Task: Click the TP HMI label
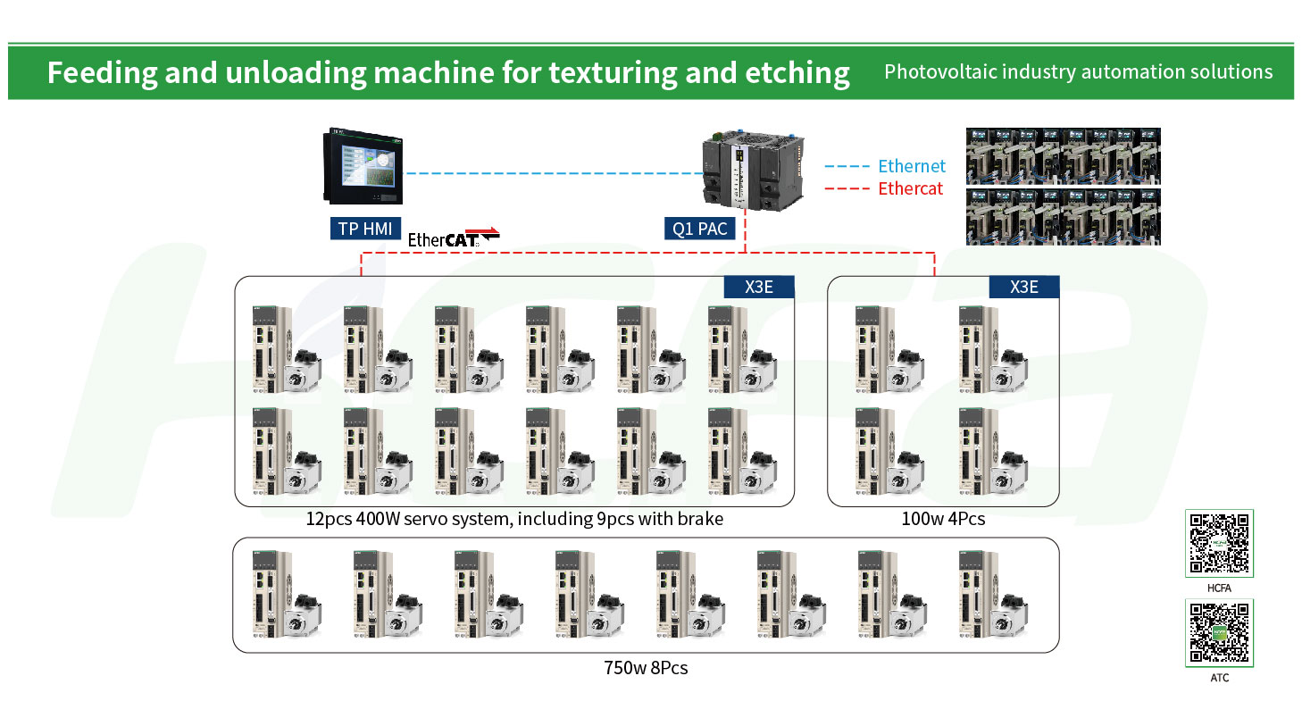point(365,229)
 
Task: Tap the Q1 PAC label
point(699,229)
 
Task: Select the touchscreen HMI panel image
point(363,166)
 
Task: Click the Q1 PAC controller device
point(754,171)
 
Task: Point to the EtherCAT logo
point(454,238)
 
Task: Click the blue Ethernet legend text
point(912,166)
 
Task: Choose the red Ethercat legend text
point(910,189)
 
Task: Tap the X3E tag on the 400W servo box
point(758,288)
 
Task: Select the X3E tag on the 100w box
point(1023,288)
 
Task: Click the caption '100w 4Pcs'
point(943,519)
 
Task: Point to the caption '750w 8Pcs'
point(645,668)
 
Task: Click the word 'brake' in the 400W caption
point(700,519)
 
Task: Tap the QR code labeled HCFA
point(1219,544)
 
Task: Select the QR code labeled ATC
point(1219,633)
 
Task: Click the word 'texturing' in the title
point(613,73)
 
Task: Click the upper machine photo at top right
point(1063,155)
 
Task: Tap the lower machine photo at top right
point(1063,217)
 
